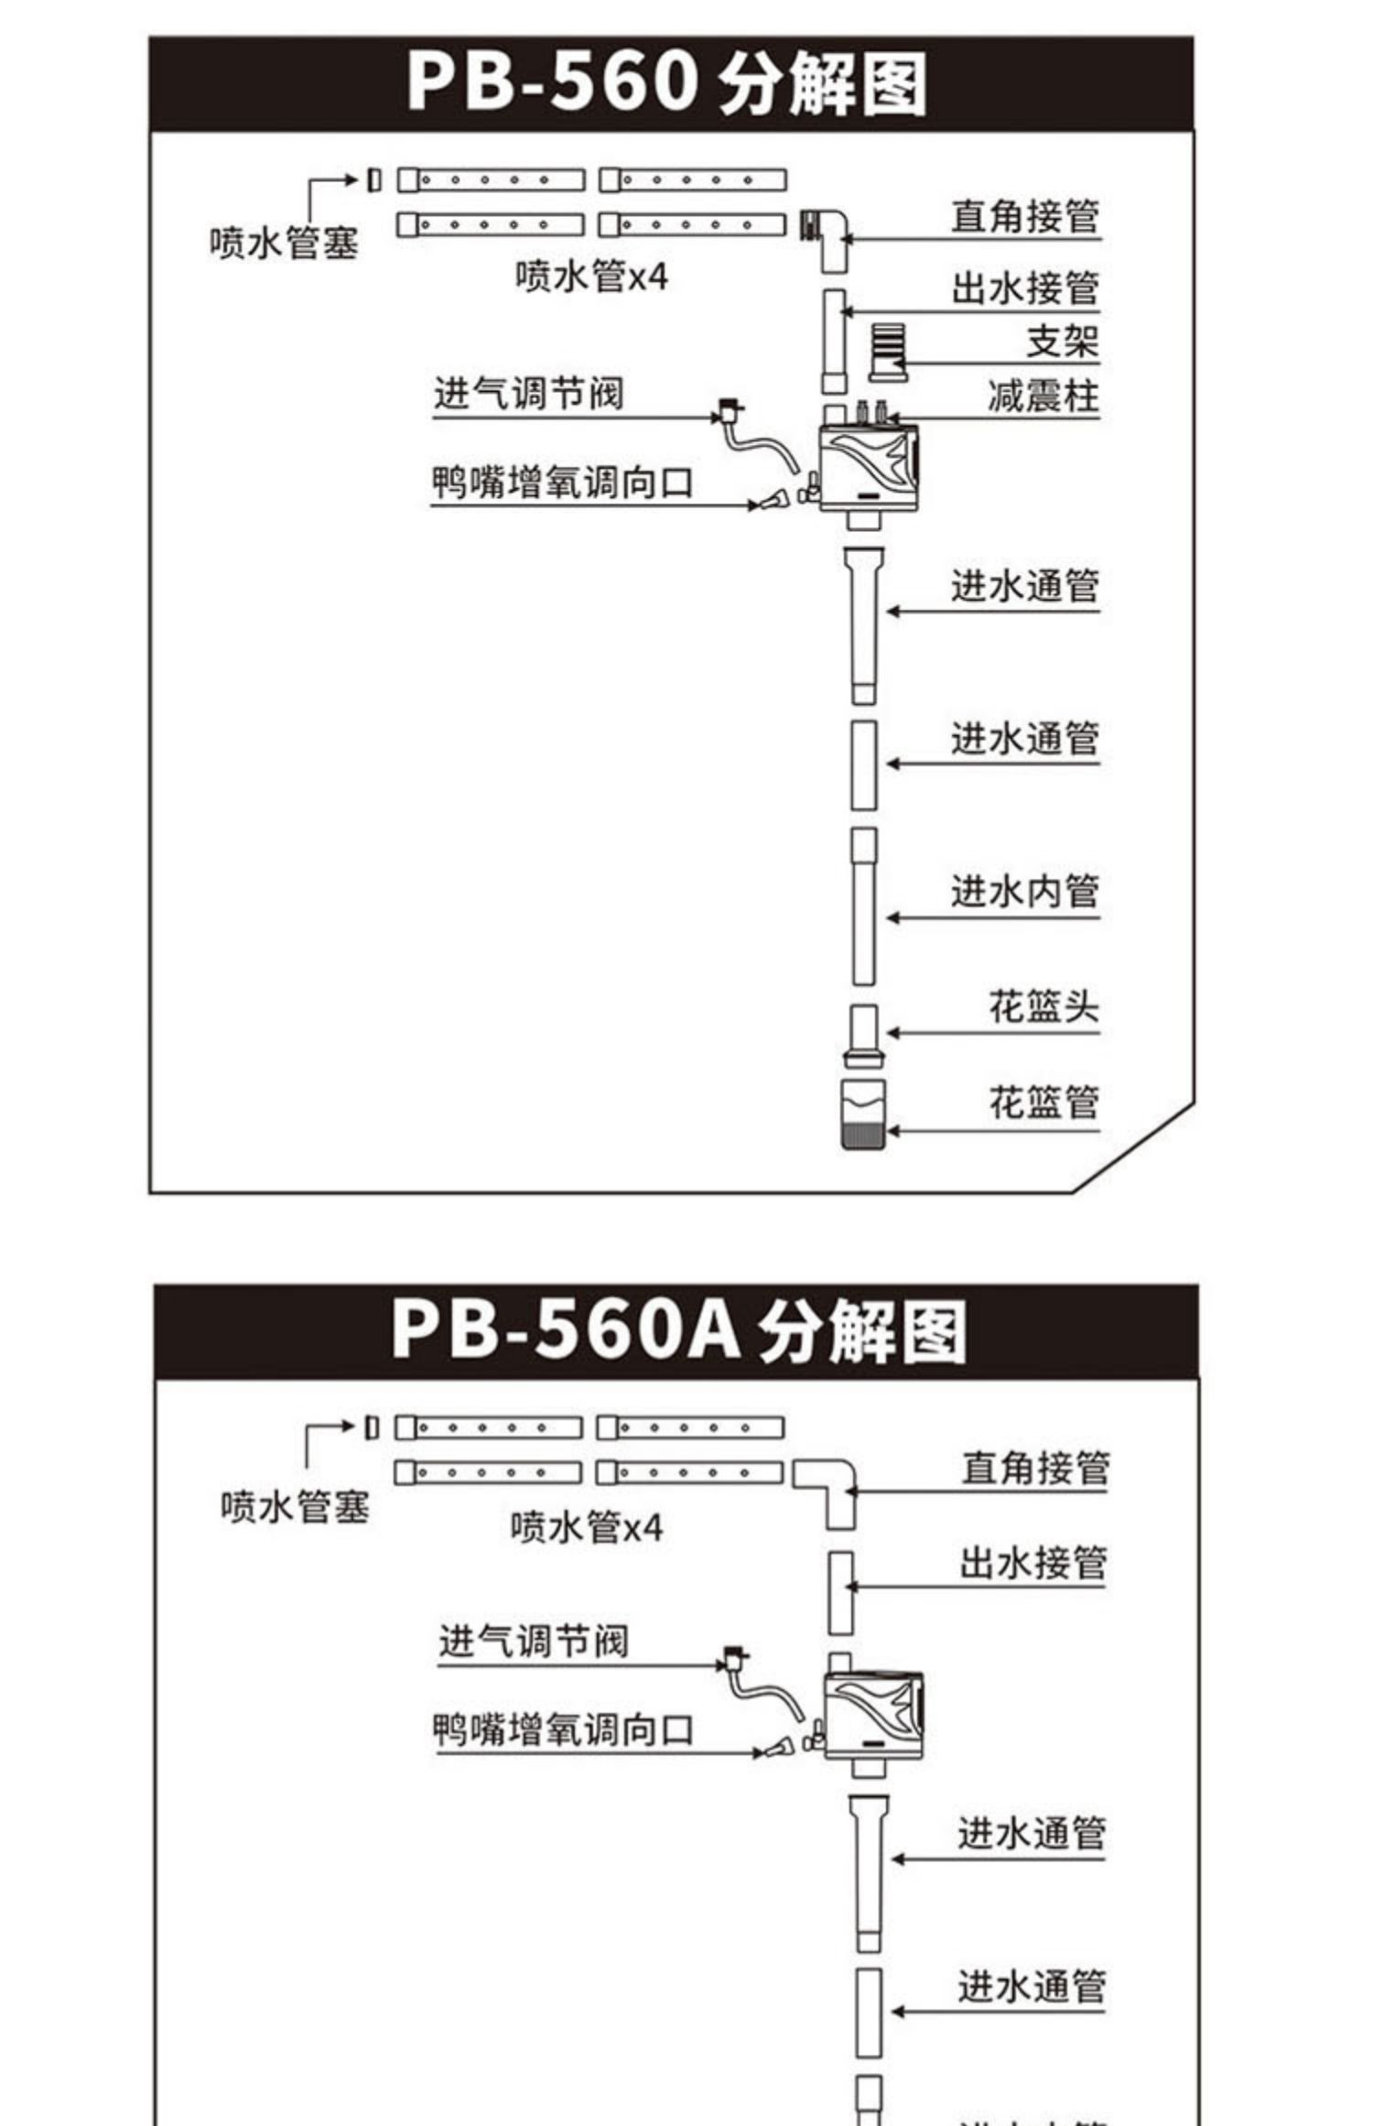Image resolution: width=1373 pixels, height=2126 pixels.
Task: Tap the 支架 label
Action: [x=1062, y=341]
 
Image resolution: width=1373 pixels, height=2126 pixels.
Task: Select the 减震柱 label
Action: [x=1043, y=396]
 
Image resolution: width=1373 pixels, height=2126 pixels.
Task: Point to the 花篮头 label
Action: [x=1043, y=1006]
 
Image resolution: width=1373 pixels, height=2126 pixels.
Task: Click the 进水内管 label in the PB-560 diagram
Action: [x=1024, y=890]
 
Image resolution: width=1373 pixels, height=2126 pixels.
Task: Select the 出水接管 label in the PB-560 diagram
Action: [x=1024, y=287]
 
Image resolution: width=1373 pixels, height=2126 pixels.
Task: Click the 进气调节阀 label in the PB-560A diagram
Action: [x=533, y=1640]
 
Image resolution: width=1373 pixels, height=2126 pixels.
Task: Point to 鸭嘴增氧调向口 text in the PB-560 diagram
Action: [x=562, y=483]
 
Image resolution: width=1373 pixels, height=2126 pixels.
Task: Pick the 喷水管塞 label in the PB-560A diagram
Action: [x=295, y=1506]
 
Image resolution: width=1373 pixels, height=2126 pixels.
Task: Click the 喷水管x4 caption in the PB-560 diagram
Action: [x=591, y=276]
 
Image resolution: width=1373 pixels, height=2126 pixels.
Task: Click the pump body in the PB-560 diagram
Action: [x=868, y=468]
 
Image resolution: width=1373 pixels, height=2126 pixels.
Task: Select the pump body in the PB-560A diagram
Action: [x=873, y=1714]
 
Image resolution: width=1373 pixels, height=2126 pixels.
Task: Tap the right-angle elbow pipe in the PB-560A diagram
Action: [x=829, y=1489]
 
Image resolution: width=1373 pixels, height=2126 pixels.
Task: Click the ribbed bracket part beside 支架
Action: [x=886, y=353]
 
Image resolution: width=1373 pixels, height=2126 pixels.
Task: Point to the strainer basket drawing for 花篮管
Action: [x=863, y=1113]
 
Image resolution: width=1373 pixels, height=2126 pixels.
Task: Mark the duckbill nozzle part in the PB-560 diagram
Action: [x=774, y=499]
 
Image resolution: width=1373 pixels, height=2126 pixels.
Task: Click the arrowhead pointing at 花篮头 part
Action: [x=892, y=1033]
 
